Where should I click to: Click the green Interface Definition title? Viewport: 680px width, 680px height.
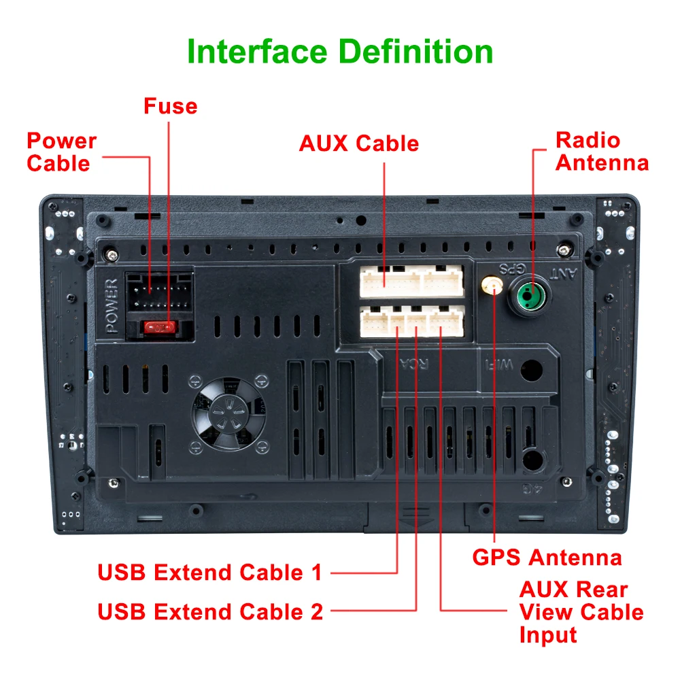(340, 52)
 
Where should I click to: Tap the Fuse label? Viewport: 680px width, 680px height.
(170, 106)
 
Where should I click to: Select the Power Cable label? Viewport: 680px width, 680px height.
(61, 152)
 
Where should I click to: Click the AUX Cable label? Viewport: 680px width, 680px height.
(358, 143)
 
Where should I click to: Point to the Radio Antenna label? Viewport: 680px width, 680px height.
(602, 152)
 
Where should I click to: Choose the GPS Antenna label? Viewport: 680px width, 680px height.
(547, 558)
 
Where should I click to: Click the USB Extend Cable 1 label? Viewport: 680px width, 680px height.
(209, 573)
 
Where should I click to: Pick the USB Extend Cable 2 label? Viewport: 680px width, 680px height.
(210, 611)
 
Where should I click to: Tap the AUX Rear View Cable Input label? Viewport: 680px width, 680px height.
(581, 611)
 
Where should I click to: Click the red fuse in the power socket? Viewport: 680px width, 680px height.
(160, 328)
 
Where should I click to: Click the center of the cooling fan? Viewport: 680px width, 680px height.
(228, 413)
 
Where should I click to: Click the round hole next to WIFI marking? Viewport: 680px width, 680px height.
(531, 369)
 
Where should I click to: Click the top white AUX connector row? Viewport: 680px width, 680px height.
(411, 281)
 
